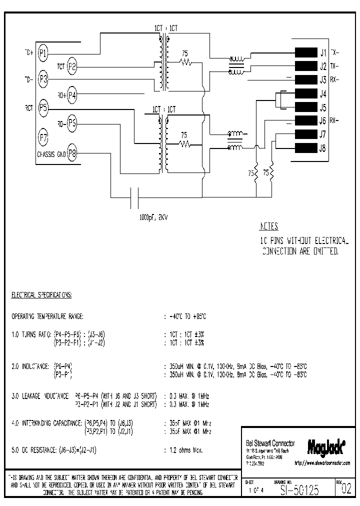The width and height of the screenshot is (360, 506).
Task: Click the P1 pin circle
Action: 43,52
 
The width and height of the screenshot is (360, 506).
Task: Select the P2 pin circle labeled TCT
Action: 72,65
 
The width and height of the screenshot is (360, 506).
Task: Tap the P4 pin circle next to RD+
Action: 72,94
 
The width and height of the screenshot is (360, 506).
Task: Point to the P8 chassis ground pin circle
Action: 72,153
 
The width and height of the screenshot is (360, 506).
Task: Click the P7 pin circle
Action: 43,136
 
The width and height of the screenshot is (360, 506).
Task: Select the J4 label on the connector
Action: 323,94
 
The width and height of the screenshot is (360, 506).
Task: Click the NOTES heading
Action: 269,226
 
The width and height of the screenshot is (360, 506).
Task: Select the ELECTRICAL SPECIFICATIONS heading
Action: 41,295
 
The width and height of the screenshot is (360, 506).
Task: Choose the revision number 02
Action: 346,490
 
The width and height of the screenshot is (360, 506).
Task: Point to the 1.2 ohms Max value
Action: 186,450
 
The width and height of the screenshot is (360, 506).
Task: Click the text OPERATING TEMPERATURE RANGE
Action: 47,316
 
